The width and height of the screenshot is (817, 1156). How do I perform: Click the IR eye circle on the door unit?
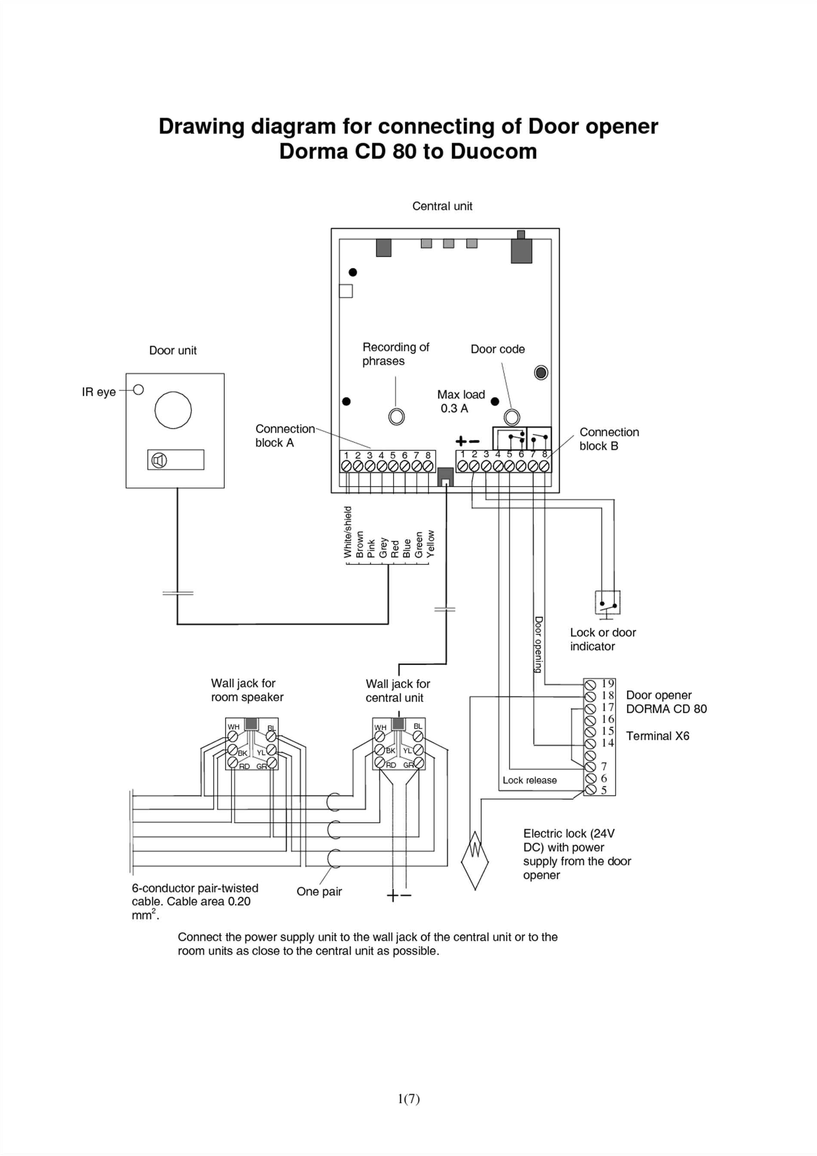tap(139, 390)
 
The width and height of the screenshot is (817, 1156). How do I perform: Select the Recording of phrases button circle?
tap(397, 417)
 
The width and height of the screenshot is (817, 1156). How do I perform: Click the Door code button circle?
tap(512, 417)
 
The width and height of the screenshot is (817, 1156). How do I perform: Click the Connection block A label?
tap(284, 435)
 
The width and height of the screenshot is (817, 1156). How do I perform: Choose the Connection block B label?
tap(609, 438)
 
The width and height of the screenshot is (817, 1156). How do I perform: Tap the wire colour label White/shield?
tap(347, 532)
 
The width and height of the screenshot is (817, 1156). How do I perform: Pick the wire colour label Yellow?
tap(430, 544)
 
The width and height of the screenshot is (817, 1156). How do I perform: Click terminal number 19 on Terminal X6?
tap(607, 683)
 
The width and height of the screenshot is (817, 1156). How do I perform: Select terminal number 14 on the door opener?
tap(607, 743)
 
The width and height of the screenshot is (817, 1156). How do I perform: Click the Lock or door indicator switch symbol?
tap(607, 603)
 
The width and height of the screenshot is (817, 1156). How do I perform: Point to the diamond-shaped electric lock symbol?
tap(475, 860)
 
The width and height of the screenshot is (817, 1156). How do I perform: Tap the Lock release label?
tap(530, 780)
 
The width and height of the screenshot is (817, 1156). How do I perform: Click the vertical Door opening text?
tap(538, 644)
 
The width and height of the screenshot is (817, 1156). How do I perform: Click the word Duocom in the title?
tap(493, 151)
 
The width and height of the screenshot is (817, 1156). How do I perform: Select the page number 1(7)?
tap(408, 1099)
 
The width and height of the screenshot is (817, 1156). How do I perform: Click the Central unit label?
tap(442, 206)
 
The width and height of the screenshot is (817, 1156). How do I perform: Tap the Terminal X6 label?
tap(657, 736)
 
